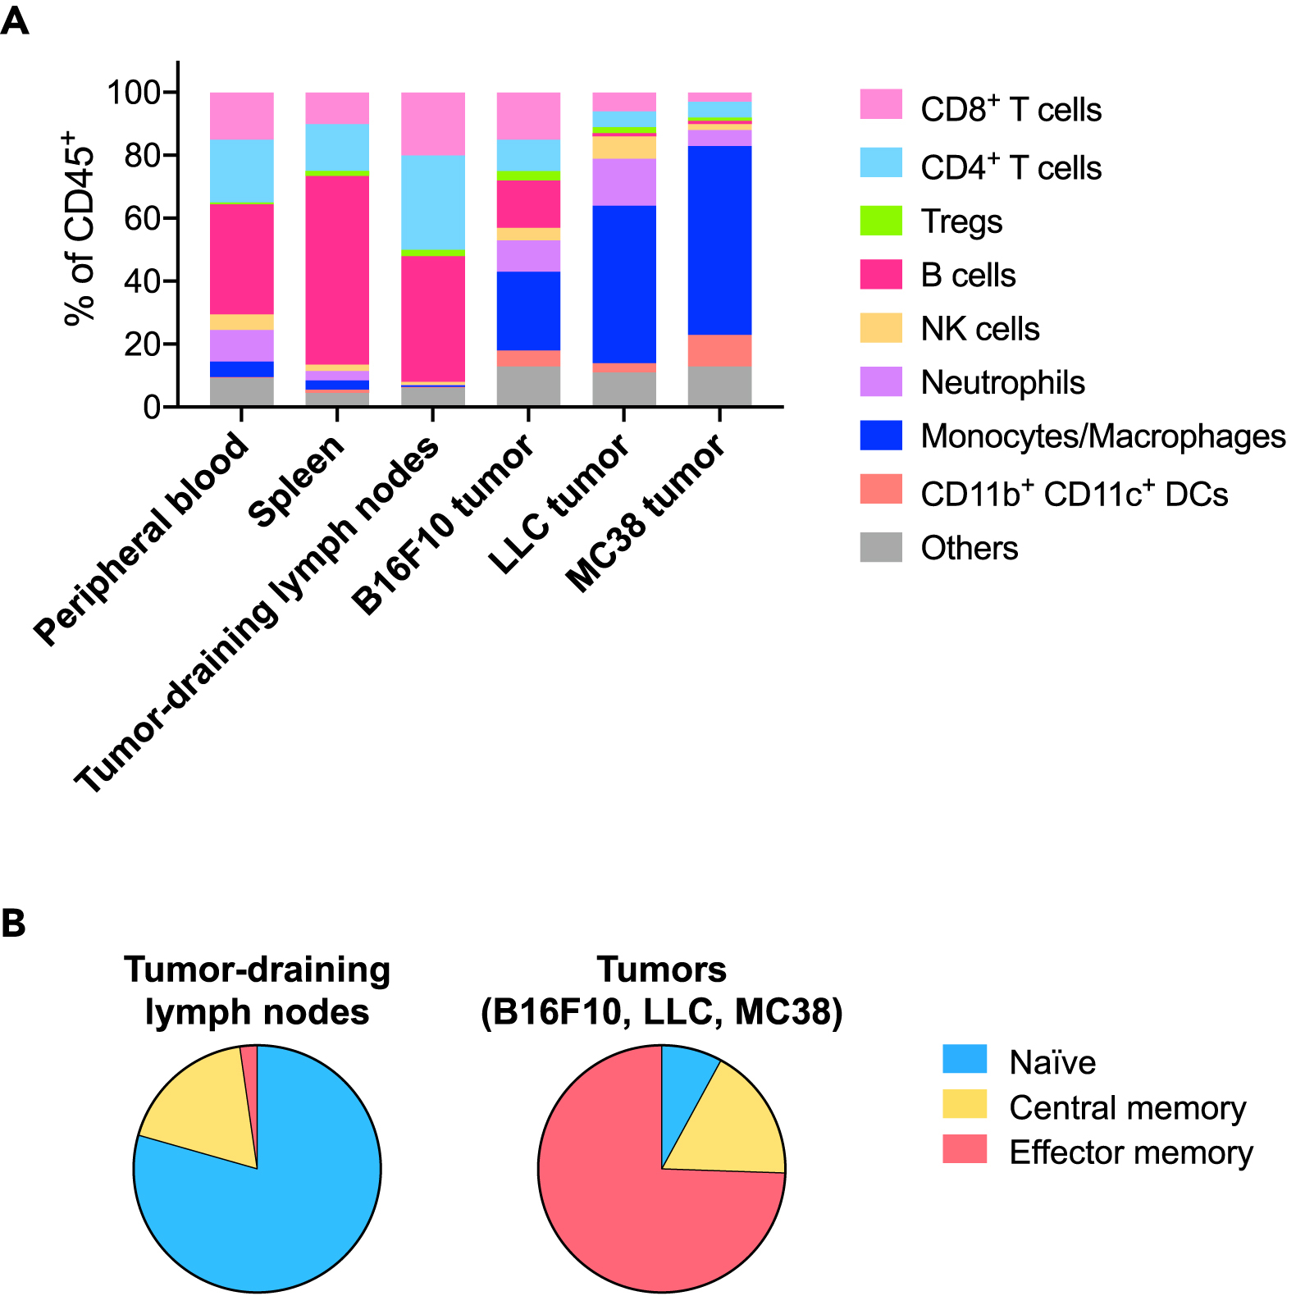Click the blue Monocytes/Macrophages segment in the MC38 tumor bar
(719, 240)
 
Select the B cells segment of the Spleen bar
(337, 270)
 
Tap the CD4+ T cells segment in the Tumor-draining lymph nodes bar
(433, 202)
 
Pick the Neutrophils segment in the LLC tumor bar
(624, 181)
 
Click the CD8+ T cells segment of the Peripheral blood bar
(242, 116)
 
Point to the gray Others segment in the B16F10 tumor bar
(528, 386)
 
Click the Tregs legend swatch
(881, 221)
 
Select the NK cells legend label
(980, 329)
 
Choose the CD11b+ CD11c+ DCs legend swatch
(881, 490)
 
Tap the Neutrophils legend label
(1002, 382)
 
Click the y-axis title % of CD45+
(80, 229)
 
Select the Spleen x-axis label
(297, 481)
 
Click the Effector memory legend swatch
(965, 1149)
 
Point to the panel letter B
(14, 924)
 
